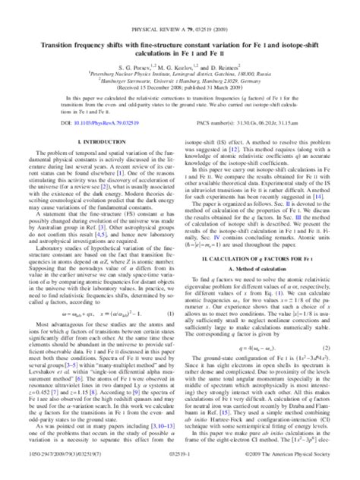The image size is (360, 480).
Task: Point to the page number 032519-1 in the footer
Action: tap(180, 472)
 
